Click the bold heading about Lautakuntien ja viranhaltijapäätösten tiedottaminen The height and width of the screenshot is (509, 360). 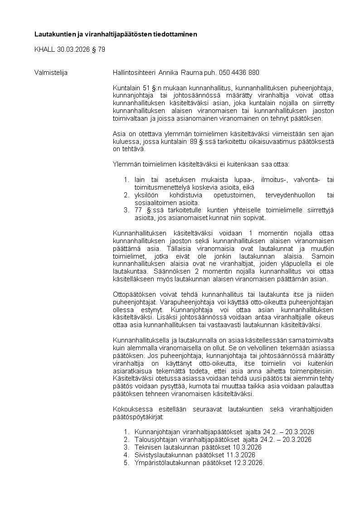point(116,34)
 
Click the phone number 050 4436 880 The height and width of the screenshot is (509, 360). point(239,73)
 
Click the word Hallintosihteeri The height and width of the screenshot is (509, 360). point(134,73)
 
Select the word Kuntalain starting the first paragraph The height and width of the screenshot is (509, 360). point(125,88)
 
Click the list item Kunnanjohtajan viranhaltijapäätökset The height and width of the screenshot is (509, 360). point(189,432)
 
